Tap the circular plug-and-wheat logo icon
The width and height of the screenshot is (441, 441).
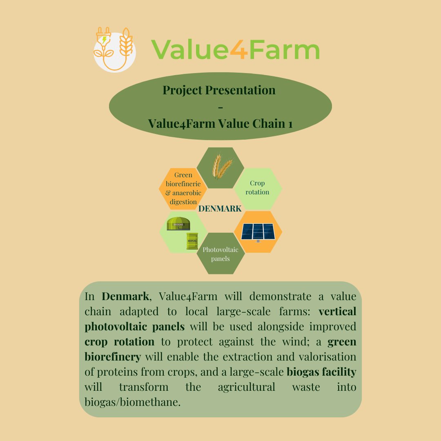(x=114, y=51)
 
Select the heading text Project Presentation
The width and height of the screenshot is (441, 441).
(x=219, y=90)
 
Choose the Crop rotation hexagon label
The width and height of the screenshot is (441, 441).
(x=257, y=188)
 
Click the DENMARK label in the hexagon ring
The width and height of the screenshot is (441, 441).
(x=220, y=209)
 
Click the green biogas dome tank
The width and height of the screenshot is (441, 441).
(x=178, y=224)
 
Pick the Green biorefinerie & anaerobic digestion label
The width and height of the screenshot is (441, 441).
(x=183, y=188)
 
